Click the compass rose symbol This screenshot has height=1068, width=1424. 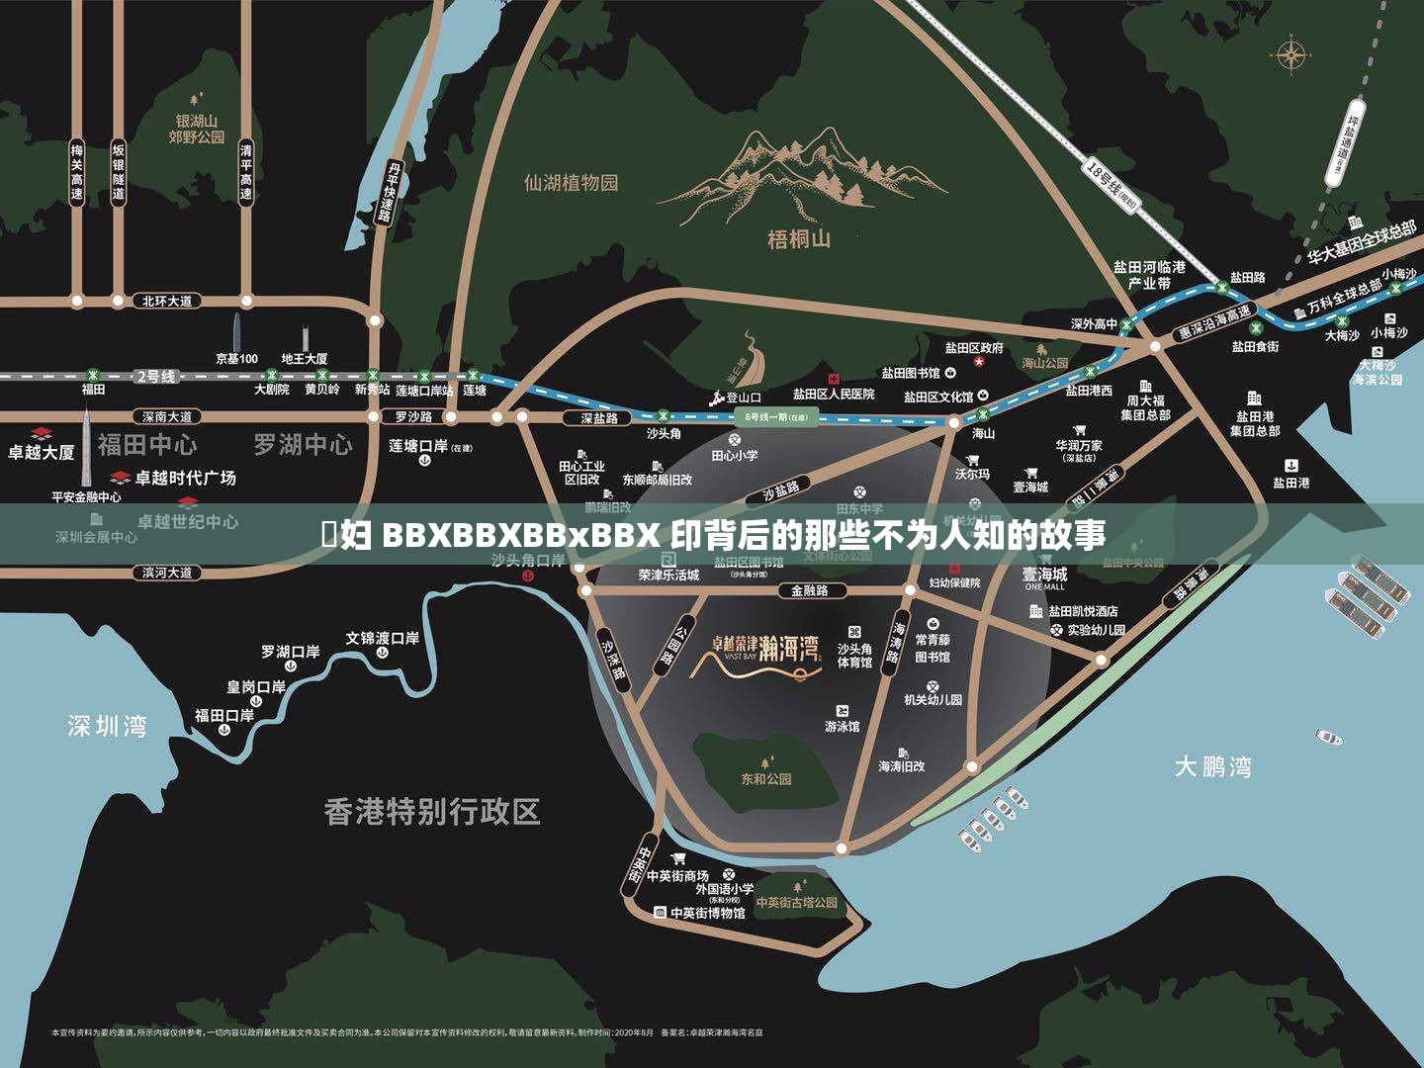click(x=1290, y=55)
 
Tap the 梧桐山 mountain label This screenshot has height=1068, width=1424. click(x=799, y=238)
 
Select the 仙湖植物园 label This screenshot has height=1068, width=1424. click(x=571, y=183)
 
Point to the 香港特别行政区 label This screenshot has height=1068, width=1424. click(x=432, y=812)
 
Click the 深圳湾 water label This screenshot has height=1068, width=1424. click(x=107, y=727)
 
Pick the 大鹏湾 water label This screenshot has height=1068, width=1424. click(x=1212, y=766)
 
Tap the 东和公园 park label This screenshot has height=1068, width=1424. click(x=766, y=779)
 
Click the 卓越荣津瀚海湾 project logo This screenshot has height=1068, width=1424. click(x=766, y=653)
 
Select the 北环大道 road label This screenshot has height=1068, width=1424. click(x=166, y=301)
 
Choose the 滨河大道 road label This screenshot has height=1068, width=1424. click(x=166, y=573)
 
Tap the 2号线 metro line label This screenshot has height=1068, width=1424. click(x=155, y=377)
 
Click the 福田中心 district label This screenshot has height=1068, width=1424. click(x=146, y=445)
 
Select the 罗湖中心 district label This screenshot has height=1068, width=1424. click(x=303, y=445)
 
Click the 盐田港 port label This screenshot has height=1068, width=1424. click(x=1290, y=483)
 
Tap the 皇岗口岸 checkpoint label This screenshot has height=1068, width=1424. click(x=256, y=686)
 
